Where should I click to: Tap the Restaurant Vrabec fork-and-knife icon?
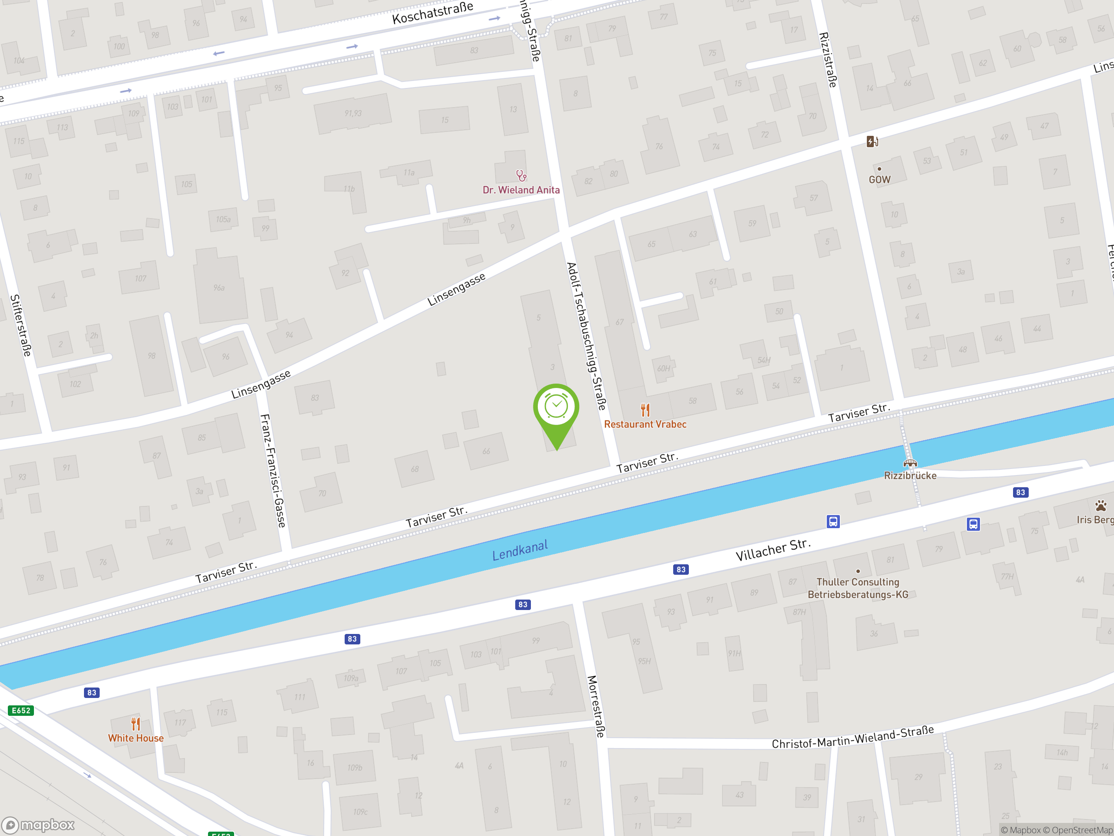(x=645, y=410)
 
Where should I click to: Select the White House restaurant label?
(x=135, y=738)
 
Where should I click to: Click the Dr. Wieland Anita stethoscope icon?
(x=521, y=175)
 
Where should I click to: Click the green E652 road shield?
(x=20, y=711)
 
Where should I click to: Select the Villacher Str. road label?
(x=773, y=549)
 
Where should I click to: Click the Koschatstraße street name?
(x=433, y=13)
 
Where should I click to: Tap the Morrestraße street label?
(x=596, y=706)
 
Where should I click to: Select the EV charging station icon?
(x=872, y=142)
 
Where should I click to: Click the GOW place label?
(x=879, y=179)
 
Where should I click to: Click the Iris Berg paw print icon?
(x=1101, y=506)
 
